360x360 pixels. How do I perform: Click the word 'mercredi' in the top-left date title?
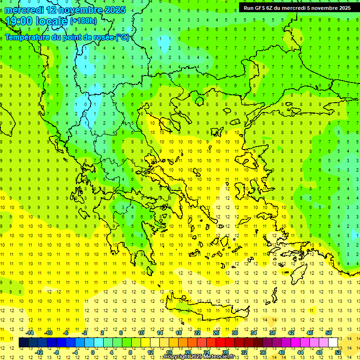click(24, 10)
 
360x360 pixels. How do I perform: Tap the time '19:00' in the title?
click(20, 21)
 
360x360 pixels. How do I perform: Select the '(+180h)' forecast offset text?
click(83, 21)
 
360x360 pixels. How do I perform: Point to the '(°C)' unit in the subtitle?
click(122, 37)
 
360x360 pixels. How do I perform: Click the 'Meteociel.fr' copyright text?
click(219, 357)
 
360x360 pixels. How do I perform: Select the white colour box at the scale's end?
click(333, 343)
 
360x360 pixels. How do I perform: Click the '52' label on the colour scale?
click(338, 352)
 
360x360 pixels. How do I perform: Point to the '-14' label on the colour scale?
click(29, 333)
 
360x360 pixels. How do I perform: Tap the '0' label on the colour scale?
click(93, 352)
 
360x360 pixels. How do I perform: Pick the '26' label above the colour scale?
click(216, 333)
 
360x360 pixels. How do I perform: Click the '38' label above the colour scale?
click(272, 333)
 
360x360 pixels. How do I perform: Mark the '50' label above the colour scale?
click(329, 333)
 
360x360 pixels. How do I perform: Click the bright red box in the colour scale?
click(221, 343)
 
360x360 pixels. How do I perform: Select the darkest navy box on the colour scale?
click(24, 343)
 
